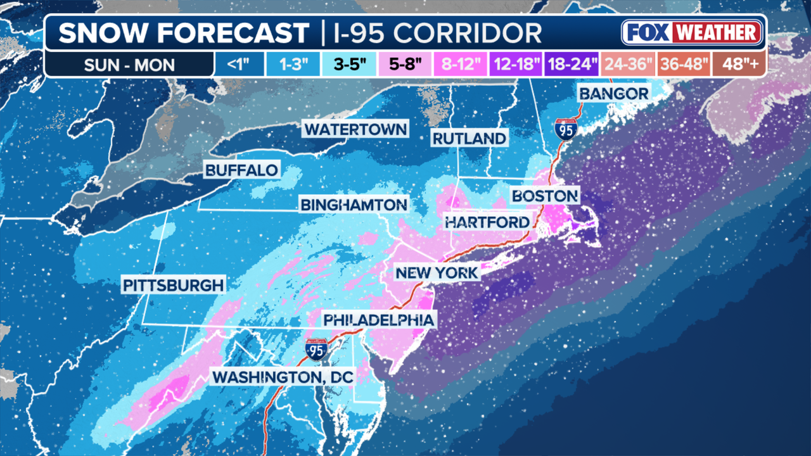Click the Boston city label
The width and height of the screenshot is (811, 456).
coord(545,196)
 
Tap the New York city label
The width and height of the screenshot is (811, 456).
coord(437,273)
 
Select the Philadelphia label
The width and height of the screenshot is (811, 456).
coord(379,320)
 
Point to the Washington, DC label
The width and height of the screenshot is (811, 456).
coord(283,376)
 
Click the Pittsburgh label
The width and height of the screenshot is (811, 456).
coord(174,285)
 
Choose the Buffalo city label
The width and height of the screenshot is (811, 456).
coord(241,170)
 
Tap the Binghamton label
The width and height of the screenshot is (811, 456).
coord(353,205)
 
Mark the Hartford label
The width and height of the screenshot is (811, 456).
coord(487,222)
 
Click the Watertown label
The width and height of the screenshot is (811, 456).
coord(355,129)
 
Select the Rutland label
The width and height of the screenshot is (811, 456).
coord(469,138)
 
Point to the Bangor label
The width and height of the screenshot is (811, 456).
coord(613,94)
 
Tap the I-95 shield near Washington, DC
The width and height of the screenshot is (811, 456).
coord(316,350)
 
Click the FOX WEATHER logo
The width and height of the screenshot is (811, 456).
coord(691,32)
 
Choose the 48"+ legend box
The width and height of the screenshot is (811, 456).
coord(739,65)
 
